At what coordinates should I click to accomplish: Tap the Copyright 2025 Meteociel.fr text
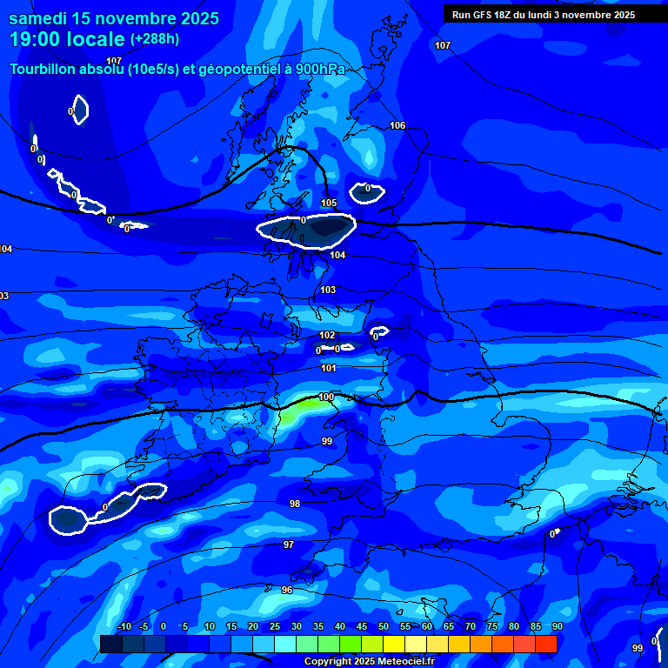click(x=369, y=661)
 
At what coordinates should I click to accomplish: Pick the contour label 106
click(x=397, y=126)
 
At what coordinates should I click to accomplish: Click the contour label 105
click(x=328, y=204)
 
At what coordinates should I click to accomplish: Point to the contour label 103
click(x=327, y=290)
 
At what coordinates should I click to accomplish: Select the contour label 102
click(x=326, y=335)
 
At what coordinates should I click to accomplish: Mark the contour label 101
click(x=328, y=369)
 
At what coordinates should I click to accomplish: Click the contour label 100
click(x=325, y=397)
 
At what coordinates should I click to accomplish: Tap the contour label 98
click(x=295, y=504)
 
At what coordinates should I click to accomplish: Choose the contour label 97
click(x=288, y=544)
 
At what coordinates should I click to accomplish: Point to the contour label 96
click(x=287, y=590)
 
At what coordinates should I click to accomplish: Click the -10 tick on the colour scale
click(x=124, y=627)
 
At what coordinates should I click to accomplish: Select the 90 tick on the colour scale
click(x=557, y=627)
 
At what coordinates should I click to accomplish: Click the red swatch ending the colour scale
click(x=545, y=644)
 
